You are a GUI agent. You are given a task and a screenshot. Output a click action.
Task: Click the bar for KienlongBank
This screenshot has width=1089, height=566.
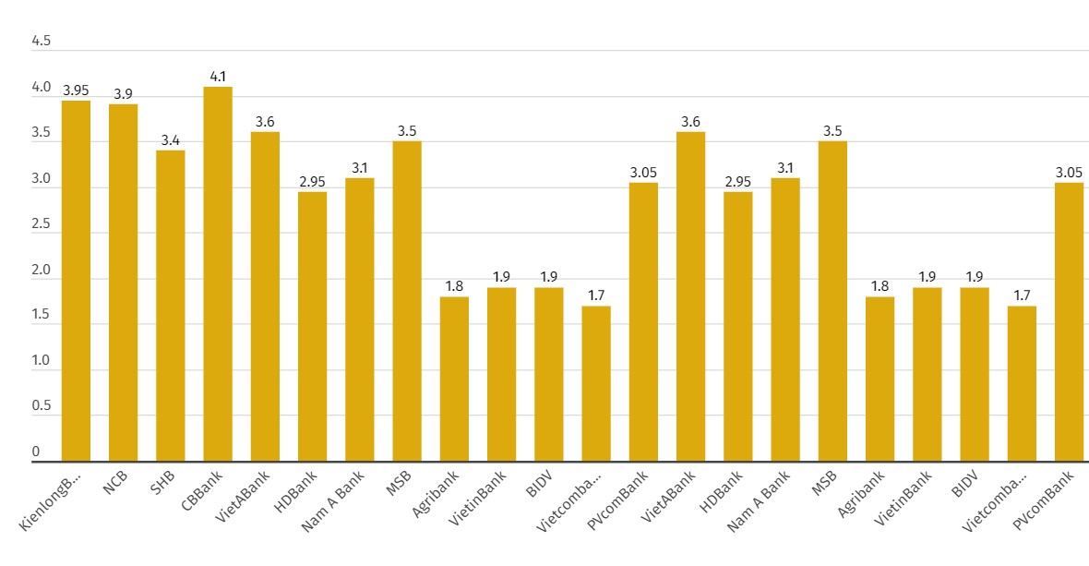click(x=76, y=281)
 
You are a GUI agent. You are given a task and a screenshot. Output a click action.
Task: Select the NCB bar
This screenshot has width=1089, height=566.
click(x=123, y=283)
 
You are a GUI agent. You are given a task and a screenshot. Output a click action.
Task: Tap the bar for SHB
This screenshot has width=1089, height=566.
click(x=170, y=306)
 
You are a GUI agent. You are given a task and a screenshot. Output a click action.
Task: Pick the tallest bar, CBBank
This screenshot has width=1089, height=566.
click(x=218, y=274)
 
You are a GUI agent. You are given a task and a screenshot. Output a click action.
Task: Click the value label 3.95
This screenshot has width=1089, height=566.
click(x=76, y=90)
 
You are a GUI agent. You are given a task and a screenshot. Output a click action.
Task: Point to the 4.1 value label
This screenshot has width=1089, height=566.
click(x=219, y=77)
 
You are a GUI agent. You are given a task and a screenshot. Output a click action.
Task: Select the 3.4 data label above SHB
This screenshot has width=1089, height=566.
click(x=171, y=140)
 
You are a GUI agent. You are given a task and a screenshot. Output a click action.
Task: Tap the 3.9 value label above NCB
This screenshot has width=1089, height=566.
click(x=123, y=94)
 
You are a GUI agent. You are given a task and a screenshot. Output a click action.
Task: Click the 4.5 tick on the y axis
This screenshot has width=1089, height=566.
click(x=42, y=42)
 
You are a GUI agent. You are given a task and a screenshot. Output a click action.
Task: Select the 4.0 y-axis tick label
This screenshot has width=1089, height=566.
click(x=42, y=88)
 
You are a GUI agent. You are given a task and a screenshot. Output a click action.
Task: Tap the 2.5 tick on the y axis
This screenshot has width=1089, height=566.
click(x=42, y=224)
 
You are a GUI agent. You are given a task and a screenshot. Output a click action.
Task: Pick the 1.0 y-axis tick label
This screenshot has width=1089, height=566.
click(x=42, y=361)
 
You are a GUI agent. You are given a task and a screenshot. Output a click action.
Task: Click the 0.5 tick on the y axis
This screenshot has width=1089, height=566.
click(x=42, y=406)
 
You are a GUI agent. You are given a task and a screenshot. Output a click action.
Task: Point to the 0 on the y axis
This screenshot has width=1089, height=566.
click(x=36, y=452)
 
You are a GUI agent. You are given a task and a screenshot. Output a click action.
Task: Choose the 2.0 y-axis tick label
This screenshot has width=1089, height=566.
click(x=42, y=270)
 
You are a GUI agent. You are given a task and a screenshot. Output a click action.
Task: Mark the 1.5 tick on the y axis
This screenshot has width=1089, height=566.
click(x=42, y=315)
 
